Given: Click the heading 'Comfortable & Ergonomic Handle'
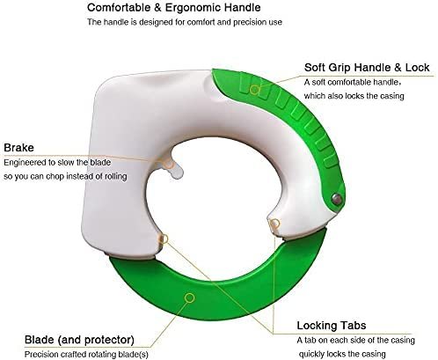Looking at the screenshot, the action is click(x=174, y=8).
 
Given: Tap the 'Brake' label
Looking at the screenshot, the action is click(x=18, y=147).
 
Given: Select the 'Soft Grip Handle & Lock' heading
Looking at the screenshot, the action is click(x=367, y=68).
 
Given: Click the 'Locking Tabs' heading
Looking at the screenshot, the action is click(x=332, y=326).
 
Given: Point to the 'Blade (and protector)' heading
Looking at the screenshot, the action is click(x=79, y=340).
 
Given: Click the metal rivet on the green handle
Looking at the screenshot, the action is click(x=337, y=199).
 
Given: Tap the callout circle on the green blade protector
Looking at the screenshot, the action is click(x=190, y=298).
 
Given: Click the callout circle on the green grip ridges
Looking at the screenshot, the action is click(x=255, y=90).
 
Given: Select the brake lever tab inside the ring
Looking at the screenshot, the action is click(x=175, y=169).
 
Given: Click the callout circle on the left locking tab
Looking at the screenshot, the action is click(x=164, y=239).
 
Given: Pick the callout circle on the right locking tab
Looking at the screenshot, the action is click(x=274, y=224).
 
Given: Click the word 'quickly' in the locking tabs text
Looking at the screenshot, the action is click(x=311, y=354).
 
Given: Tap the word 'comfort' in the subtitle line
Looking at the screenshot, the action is click(x=201, y=22).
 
